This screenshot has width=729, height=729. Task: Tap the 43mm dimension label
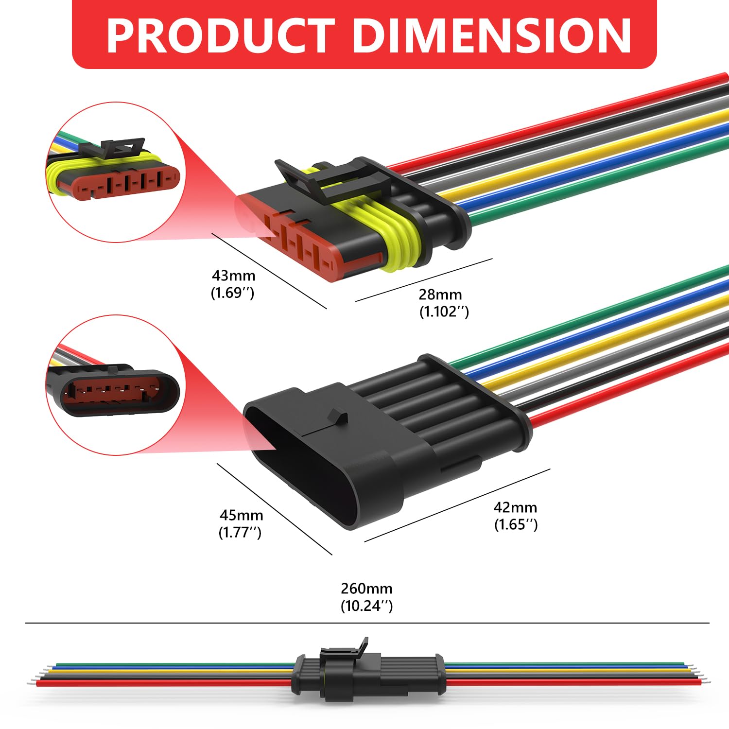[x=233, y=276]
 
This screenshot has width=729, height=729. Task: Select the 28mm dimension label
[x=440, y=295]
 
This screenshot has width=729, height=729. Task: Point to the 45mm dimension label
[x=241, y=515]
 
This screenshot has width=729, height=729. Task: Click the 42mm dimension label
[x=515, y=507]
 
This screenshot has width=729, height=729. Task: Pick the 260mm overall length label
[x=366, y=589]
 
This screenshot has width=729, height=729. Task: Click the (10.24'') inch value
[x=366, y=606]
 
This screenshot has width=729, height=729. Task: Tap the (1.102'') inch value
[x=444, y=312]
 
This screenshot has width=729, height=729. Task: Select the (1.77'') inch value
[x=240, y=533]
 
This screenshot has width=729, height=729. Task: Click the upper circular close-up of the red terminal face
[x=114, y=173]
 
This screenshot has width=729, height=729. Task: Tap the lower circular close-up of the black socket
[x=114, y=386]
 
